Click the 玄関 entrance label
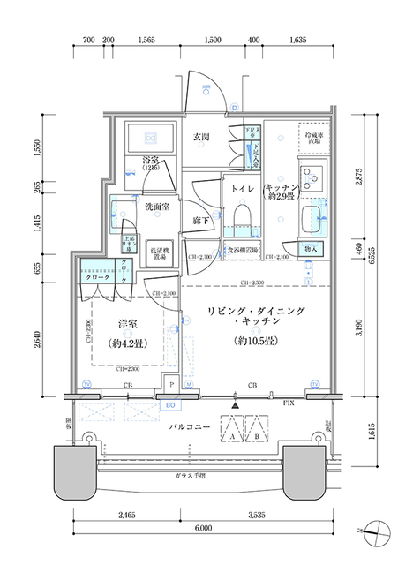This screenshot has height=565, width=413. (200, 138)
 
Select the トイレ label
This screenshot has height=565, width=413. (243, 190)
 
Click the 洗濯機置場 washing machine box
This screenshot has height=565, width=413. (159, 252)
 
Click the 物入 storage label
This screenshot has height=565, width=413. (311, 250)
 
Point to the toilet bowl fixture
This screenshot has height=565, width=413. (243, 217)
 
